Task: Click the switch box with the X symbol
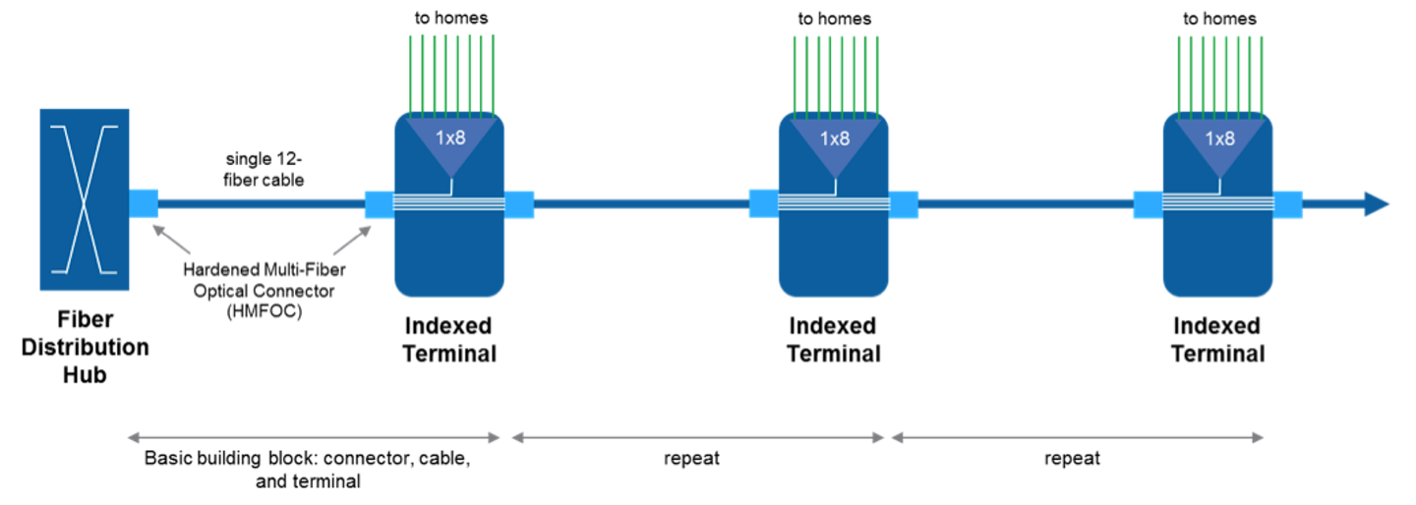[85, 199]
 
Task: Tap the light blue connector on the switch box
[144, 202]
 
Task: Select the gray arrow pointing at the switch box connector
[171, 240]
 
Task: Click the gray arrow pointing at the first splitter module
[352, 241]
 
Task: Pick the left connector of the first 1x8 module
[379, 204]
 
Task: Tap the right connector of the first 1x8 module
[519, 204]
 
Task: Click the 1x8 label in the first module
[450, 139]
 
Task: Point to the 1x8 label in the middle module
[835, 139]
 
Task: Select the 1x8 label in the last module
[1219, 139]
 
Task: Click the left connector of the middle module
[763, 203]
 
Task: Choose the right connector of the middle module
[904, 204]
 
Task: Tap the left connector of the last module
[1147, 204]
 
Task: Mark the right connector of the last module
[1288, 204]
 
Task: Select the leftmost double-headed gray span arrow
[314, 438]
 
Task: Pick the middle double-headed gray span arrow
[698, 438]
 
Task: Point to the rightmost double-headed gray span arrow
[1077, 438]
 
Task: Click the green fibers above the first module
[451, 75]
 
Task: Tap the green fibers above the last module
[1219, 75]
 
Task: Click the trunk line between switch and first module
[261, 203]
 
